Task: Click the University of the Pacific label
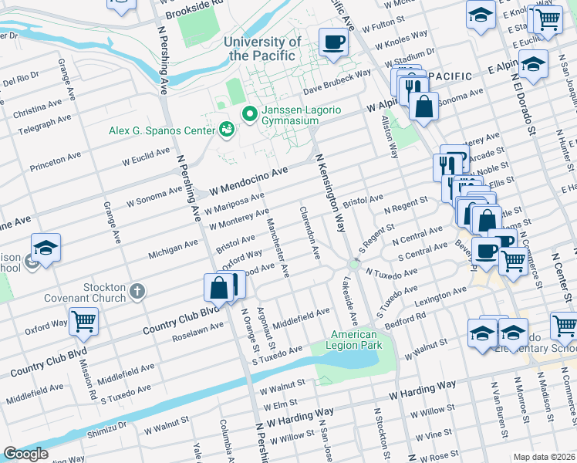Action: (262, 49)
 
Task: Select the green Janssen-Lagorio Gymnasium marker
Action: (249, 114)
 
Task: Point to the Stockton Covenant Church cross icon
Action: (137, 291)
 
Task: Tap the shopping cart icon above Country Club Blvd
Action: (84, 320)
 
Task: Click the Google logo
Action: (25, 454)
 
